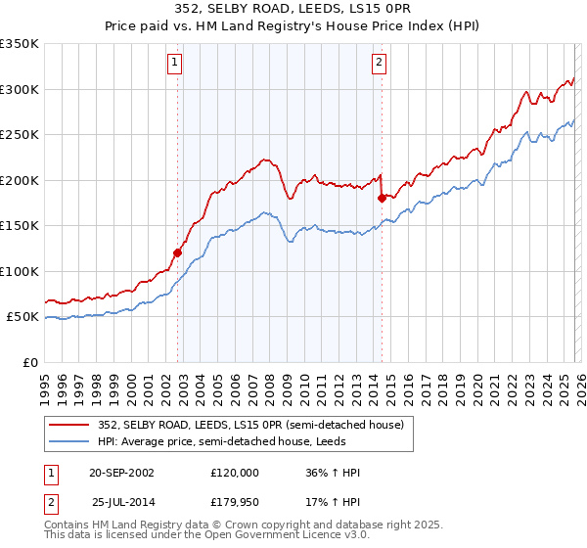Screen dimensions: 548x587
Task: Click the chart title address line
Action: pyautogui.click(x=293, y=9)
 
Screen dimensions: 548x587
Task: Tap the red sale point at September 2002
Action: pyautogui.click(x=178, y=252)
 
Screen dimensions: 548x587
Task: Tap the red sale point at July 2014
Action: pyautogui.click(x=382, y=198)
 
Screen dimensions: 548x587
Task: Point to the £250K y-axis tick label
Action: pyautogui.click(x=20, y=135)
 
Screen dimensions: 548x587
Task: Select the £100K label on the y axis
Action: pyautogui.click(x=20, y=271)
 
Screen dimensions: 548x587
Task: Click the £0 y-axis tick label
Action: pyautogui.click(x=29, y=362)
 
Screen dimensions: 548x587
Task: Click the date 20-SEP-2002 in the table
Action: pyautogui.click(x=121, y=473)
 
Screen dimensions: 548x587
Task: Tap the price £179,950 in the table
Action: pyautogui.click(x=235, y=502)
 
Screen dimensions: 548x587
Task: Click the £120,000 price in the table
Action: pyautogui.click(x=235, y=473)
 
